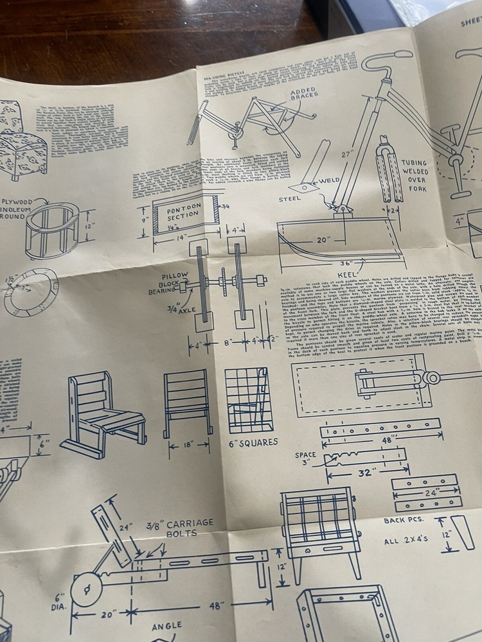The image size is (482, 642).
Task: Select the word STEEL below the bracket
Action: (x=290, y=198)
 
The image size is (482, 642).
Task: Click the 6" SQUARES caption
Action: (x=253, y=442)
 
